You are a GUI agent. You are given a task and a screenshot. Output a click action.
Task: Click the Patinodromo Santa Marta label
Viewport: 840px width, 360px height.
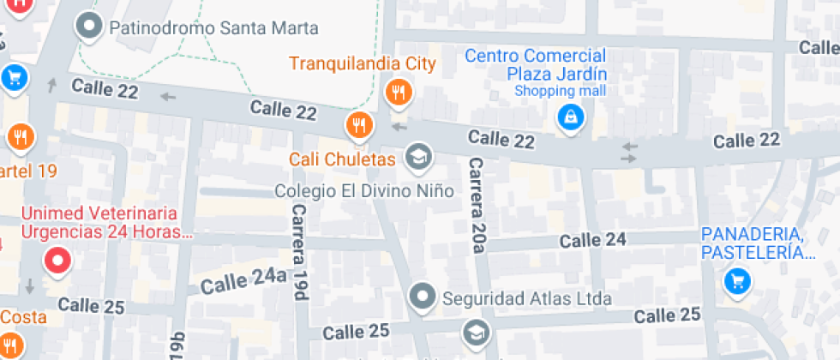pos(213,28)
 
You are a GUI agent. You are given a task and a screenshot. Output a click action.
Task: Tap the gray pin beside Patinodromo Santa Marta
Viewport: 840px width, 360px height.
pos(88,27)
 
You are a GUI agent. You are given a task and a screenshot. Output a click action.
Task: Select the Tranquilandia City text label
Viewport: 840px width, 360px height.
pos(363,63)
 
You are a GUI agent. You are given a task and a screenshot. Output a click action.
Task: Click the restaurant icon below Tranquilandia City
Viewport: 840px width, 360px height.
pos(397,92)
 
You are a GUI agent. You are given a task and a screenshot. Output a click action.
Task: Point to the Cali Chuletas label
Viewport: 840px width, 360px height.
pos(342,159)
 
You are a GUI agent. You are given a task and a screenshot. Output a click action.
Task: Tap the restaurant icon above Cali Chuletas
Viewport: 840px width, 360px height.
pos(359,126)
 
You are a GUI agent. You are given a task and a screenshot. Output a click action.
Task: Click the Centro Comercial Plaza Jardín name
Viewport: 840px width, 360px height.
pos(536,64)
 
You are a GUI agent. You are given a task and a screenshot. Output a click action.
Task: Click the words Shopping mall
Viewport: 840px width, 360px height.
pos(560,91)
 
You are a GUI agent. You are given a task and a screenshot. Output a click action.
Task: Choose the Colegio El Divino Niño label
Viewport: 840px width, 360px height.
pos(363,190)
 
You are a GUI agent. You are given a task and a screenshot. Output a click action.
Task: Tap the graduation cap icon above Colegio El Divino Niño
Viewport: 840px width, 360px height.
pos(418,156)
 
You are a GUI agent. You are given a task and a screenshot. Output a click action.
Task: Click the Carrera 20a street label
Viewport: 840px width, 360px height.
pos(477,206)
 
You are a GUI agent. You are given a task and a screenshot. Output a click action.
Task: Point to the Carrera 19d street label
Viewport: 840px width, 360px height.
pos(298,252)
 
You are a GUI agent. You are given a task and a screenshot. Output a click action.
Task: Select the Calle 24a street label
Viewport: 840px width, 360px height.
pos(243,279)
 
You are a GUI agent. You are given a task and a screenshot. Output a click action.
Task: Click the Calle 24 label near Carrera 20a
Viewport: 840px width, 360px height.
pos(593,240)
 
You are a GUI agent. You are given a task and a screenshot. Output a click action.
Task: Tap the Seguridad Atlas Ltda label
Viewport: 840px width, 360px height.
pos(526,299)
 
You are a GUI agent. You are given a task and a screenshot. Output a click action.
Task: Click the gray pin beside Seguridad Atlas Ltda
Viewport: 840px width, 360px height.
pos(421,297)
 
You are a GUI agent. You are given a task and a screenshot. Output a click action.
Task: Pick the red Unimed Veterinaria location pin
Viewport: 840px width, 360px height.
pos(57,260)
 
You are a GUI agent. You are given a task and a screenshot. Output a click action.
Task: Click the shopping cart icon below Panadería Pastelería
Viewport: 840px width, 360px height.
pos(735,280)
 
